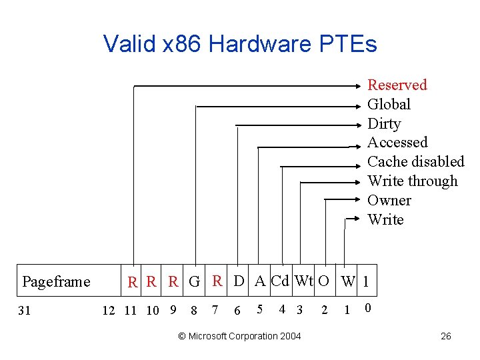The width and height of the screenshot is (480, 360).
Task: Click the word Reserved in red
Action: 397,85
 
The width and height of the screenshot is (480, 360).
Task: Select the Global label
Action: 389,104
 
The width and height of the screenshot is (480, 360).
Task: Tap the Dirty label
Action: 384,123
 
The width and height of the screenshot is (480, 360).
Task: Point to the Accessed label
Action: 397,142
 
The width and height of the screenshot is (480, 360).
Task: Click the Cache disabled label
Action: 415,161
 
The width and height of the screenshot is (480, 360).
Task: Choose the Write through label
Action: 413,181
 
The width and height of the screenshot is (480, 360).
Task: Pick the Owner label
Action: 389,200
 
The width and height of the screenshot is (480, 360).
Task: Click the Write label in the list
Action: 385,219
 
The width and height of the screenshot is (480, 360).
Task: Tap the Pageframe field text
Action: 56,281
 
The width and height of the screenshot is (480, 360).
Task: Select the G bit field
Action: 194,281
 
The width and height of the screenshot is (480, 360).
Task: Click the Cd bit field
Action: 281,281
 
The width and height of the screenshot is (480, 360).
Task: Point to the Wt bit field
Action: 304,281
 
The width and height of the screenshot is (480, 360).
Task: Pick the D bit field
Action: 239,281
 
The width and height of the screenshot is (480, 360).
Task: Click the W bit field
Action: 347,281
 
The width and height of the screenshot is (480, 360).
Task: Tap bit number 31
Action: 24,309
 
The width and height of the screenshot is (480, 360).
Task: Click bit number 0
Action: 368,308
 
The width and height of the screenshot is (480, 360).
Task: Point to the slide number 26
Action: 446,336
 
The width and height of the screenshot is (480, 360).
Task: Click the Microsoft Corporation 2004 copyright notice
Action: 240,336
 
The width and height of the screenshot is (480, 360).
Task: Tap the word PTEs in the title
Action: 347,44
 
